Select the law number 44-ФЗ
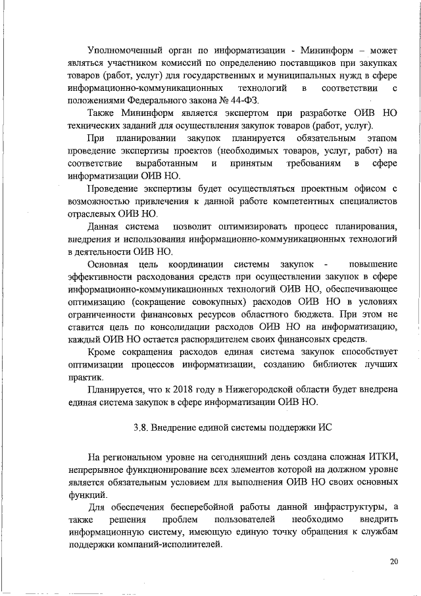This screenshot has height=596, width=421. point(241,101)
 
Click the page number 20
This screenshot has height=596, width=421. point(394,561)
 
